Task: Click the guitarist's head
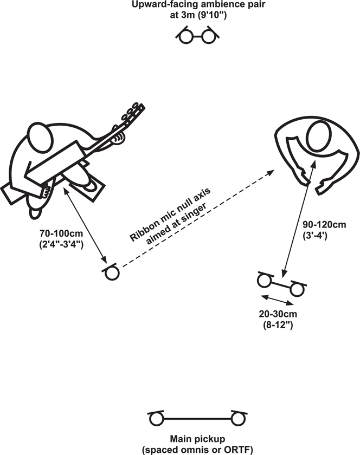(x=40, y=137)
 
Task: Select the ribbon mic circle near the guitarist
(x=112, y=273)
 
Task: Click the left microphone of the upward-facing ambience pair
(x=186, y=37)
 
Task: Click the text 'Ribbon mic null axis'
(x=170, y=214)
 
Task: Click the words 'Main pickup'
(x=197, y=439)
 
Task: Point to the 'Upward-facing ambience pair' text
(x=198, y=4)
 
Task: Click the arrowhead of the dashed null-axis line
(x=270, y=173)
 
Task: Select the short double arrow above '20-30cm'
(x=278, y=300)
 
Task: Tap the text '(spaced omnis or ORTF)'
(x=197, y=450)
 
